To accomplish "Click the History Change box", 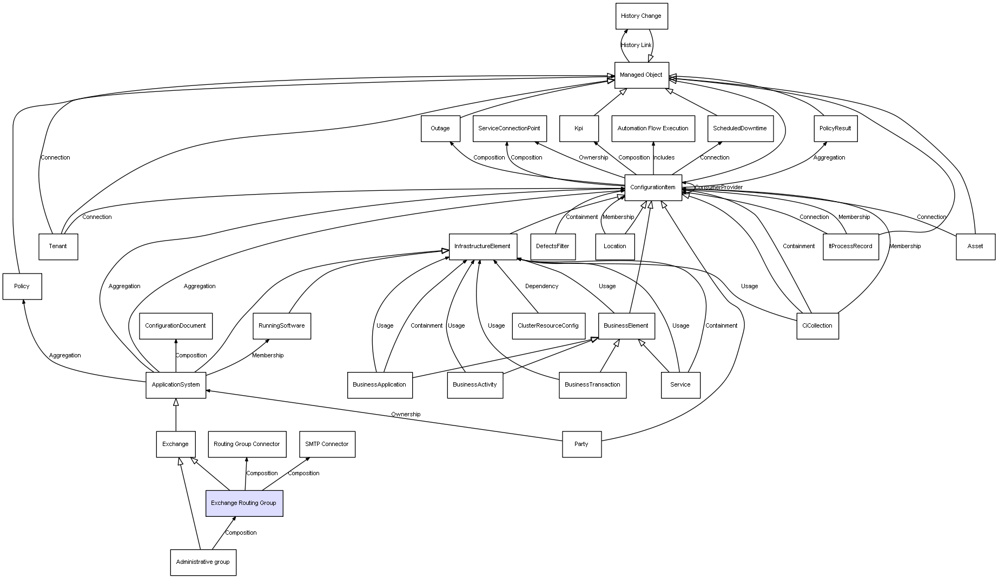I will pyautogui.click(x=642, y=16).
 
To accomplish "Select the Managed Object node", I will pyautogui.click(x=642, y=75).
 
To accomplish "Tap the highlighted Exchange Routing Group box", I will pyautogui.click(x=244, y=503).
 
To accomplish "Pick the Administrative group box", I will pyautogui.click(x=203, y=562).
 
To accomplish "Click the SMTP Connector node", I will pyautogui.click(x=327, y=444).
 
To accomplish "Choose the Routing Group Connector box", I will pyautogui.click(x=247, y=444).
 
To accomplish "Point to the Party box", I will pyautogui.click(x=581, y=444).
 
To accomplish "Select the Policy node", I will pyautogui.click(x=22, y=287).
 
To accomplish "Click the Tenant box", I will pyautogui.click(x=58, y=247).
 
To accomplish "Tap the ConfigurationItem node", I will pyautogui.click(x=653, y=188).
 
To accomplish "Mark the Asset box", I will pyautogui.click(x=975, y=247).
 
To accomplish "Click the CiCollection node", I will pyautogui.click(x=817, y=326).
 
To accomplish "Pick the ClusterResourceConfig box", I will pyautogui.click(x=548, y=326).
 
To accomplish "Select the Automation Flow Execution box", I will pyautogui.click(x=653, y=129).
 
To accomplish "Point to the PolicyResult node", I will pyautogui.click(x=835, y=129).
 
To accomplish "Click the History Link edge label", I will pyautogui.click(x=636, y=45).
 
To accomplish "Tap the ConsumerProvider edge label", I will pyautogui.click(x=719, y=188).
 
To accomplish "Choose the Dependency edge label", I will pyautogui.click(x=541, y=287).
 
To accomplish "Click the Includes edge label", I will pyautogui.click(x=664, y=158).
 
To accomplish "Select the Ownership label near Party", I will pyautogui.click(x=406, y=415).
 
